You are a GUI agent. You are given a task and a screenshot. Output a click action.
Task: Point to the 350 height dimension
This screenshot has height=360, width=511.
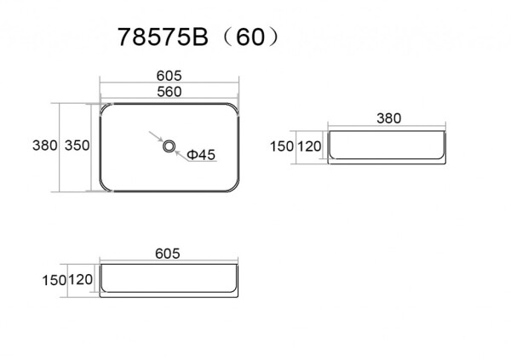pos(77,146)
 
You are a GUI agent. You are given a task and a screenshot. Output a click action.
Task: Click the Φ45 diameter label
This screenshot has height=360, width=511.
pos(203,154)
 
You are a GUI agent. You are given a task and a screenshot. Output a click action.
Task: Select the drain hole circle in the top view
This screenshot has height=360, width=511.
pos(169,146)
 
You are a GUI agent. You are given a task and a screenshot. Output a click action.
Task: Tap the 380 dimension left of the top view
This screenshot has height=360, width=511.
pos(44,146)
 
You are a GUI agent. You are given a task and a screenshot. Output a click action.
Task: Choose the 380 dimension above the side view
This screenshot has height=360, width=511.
pos(388,118)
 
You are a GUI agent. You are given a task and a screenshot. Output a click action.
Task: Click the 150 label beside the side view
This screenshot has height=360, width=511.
pos(282,146)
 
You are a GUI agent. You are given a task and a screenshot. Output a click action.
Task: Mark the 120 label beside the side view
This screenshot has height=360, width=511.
pos(310,146)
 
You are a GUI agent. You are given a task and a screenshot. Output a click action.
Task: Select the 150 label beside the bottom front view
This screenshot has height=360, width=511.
pos(55,278)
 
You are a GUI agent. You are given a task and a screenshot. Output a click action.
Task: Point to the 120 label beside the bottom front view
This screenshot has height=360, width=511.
pos(81,278)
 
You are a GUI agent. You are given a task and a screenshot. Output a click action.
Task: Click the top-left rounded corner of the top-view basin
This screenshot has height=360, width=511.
pos(106,108)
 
